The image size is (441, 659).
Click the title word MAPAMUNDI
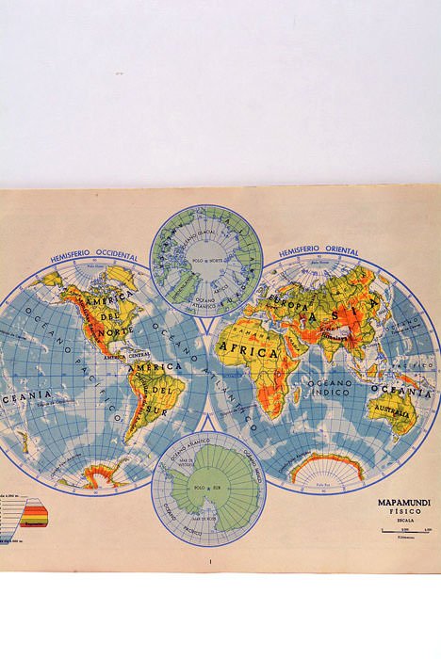[404, 504]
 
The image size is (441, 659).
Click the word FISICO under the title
[404, 514]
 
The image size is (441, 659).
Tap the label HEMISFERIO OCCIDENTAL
[94, 256]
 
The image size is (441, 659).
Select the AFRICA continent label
[248, 351]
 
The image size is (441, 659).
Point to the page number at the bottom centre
[210, 562]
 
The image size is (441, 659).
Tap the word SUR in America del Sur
[157, 406]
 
